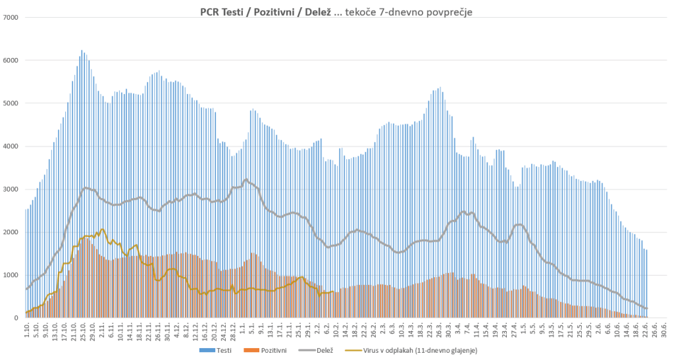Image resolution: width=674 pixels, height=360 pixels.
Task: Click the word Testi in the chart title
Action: point(236,12)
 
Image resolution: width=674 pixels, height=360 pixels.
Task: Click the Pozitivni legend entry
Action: point(271,350)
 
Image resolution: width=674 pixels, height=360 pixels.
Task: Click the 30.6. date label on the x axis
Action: point(665,329)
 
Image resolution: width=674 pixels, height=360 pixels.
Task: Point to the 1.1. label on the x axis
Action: point(243,329)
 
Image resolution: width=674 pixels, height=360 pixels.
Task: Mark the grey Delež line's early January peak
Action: point(246,179)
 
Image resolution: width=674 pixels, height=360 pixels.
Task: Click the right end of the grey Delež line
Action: point(647,308)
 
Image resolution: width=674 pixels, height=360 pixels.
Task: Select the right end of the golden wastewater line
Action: point(334,292)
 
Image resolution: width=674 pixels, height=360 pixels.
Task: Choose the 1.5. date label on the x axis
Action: point(523,329)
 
